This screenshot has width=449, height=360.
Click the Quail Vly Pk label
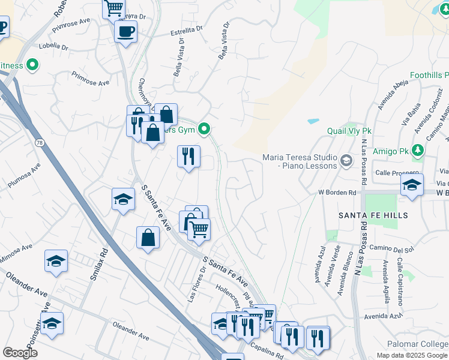[349, 131]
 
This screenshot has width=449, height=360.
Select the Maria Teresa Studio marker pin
[346, 160]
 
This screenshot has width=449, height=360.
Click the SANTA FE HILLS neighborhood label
[373, 215]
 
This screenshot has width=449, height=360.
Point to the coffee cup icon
[125, 31]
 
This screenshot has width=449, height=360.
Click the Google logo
[20, 352]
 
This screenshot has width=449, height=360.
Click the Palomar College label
[424, 344]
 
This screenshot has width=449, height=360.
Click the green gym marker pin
[205, 128]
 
